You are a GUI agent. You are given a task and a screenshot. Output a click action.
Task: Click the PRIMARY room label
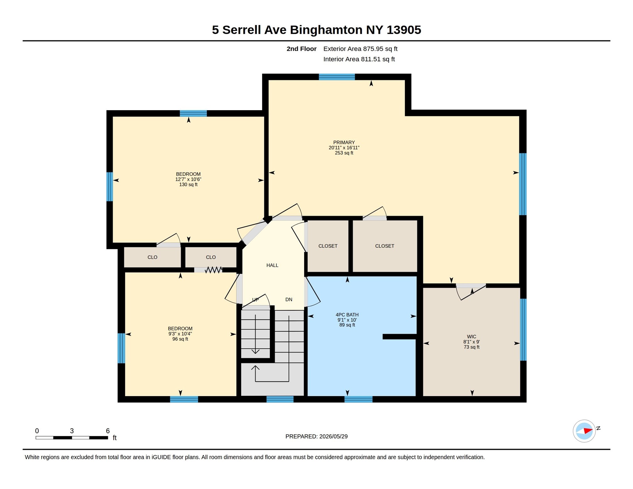point(344,142)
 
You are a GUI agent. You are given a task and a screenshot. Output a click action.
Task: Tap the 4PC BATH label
point(347,314)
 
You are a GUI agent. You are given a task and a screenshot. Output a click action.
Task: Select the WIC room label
point(471,336)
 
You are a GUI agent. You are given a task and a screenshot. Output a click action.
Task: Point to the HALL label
point(272,265)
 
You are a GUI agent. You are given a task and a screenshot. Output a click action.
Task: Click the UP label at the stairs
point(255,299)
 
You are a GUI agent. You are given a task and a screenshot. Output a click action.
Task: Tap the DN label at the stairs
point(289,299)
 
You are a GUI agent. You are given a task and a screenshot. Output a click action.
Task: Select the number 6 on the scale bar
point(108,431)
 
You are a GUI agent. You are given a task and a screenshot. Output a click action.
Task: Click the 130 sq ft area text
point(188,185)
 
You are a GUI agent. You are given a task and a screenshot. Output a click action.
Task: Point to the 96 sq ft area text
point(180,339)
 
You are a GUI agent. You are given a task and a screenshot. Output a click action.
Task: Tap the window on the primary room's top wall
point(336,77)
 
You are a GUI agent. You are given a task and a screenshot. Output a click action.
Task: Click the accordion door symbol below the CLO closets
point(213,270)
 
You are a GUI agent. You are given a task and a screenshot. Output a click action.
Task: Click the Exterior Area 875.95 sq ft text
point(360,49)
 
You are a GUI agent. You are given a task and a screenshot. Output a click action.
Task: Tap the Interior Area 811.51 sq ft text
point(359,59)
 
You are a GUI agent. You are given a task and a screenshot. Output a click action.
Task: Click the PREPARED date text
point(316,436)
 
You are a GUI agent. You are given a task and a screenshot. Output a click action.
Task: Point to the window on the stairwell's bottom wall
point(280,399)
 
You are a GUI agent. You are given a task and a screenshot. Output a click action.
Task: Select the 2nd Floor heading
point(301,49)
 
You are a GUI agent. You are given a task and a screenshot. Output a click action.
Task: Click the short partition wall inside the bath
point(399,336)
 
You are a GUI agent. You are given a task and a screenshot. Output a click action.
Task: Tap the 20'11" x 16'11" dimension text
point(344,148)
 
